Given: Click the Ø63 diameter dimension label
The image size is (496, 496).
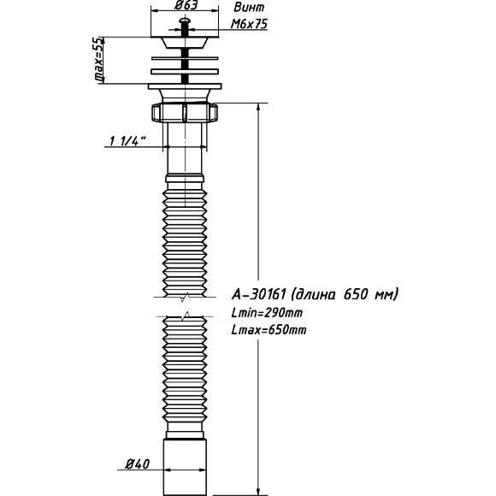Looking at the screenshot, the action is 186,5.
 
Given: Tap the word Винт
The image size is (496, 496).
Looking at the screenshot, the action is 249,8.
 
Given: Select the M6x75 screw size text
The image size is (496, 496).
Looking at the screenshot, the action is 249,24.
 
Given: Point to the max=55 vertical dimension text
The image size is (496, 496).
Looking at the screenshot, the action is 98,60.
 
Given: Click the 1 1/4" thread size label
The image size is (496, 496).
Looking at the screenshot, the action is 127,141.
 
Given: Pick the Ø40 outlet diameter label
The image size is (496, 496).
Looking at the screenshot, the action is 138,464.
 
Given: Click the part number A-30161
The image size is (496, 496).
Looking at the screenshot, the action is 259,294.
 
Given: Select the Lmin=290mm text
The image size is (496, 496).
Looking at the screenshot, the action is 267,313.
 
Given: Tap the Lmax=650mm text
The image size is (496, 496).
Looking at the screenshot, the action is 269,330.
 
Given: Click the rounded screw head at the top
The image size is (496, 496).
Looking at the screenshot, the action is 185,21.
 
